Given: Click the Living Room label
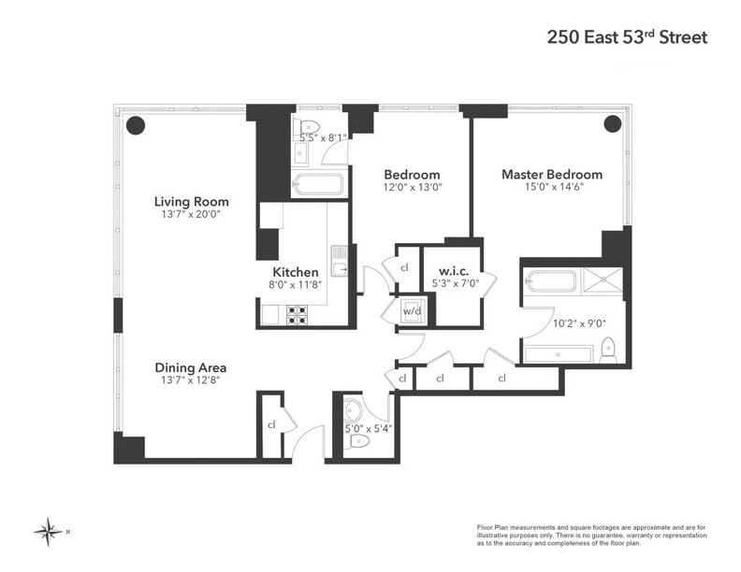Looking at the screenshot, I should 191,202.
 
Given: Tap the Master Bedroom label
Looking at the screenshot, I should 551,175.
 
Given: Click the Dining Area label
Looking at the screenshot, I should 191,368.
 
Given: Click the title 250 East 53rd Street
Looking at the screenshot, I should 626,38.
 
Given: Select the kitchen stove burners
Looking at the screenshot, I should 297,316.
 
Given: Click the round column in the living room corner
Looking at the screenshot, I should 136,123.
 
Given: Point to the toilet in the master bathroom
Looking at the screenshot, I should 607,348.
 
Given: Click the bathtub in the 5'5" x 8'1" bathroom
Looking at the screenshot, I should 317,183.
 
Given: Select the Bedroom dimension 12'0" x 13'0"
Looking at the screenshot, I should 412,187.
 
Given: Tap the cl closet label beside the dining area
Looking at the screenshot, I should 270,424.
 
